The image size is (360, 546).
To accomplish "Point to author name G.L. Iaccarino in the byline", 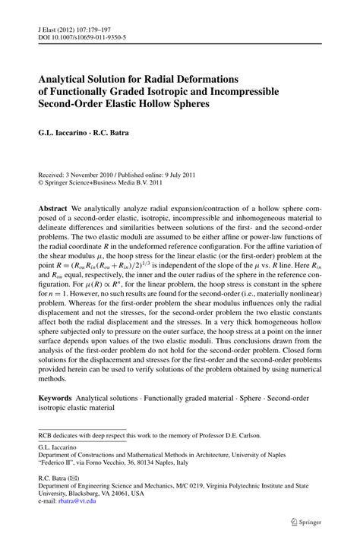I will coord(65,132).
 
